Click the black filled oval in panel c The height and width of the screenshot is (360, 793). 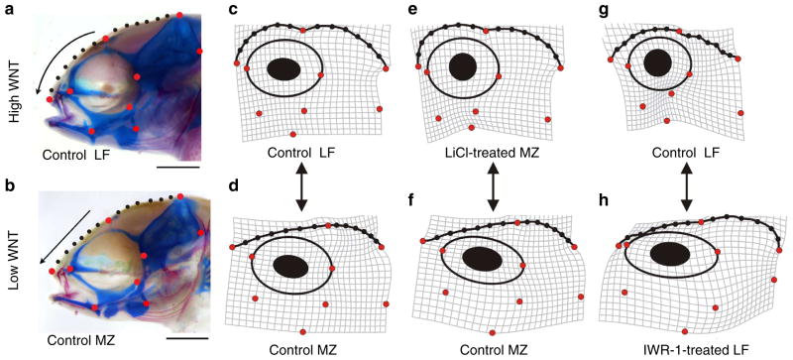pyautogui.click(x=284, y=68)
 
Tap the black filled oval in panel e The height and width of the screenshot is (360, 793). pyautogui.click(x=463, y=66)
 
